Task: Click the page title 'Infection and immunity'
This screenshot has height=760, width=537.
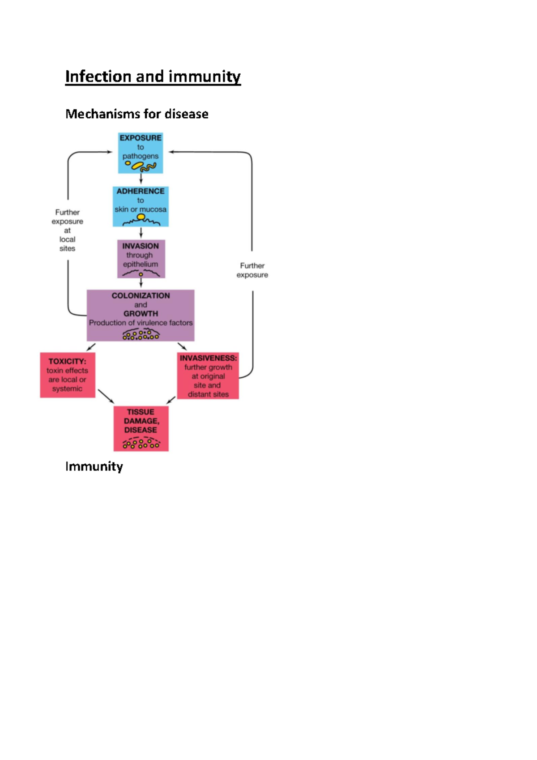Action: pyautogui.click(x=153, y=77)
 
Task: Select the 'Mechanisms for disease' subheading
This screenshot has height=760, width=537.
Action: pyautogui.click(x=136, y=114)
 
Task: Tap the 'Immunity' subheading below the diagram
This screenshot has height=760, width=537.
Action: pyautogui.click(x=94, y=466)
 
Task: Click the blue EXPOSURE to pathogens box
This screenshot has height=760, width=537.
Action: pyautogui.click(x=141, y=153)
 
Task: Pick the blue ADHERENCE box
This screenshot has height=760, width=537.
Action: pyautogui.click(x=141, y=206)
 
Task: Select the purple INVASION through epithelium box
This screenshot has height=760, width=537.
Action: pyautogui.click(x=141, y=259)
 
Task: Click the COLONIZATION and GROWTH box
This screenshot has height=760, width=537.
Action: pyautogui.click(x=141, y=315)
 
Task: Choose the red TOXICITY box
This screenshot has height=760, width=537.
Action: pyautogui.click(x=68, y=375)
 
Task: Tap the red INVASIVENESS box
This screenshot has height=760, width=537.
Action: pyautogui.click(x=208, y=376)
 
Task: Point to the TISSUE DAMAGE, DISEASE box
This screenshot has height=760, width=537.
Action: pyautogui.click(x=141, y=428)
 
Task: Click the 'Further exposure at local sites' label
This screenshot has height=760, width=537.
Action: pyautogui.click(x=67, y=230)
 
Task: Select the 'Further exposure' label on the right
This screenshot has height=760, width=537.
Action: pyautogui.click(x=252, y=270)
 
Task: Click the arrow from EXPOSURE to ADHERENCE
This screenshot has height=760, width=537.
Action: pyautogui.click(x=141, y=179)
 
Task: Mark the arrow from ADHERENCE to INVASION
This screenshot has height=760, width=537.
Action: pyautogui.click(x=141, y=233)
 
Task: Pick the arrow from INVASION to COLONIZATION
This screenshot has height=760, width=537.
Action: pyautogui.click(x=141, y=283)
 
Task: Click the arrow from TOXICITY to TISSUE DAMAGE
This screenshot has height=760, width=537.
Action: pyautogui.click(x=106, y=396)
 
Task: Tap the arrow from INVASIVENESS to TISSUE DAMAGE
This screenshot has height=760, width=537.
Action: pyautogui.click(x=171, y=400)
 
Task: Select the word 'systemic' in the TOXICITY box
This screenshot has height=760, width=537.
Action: pyautogui.click(x=67, y=389)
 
